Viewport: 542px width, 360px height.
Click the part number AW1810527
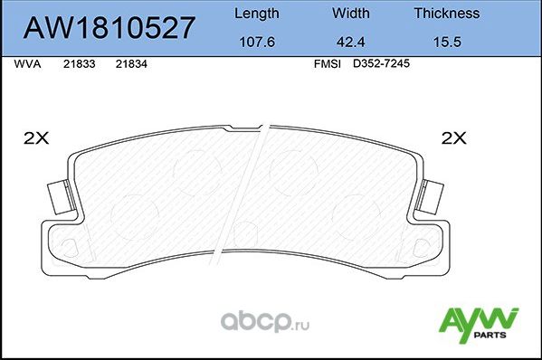109,28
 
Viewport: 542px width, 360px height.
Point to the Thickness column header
446,14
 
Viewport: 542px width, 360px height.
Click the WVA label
27,64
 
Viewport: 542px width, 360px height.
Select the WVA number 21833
76,64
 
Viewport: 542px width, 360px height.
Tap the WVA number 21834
129,64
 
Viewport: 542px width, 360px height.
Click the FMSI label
326,64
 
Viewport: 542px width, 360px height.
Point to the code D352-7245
375,64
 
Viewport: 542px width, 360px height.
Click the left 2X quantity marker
35,138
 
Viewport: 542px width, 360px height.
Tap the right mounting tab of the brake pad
431,194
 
